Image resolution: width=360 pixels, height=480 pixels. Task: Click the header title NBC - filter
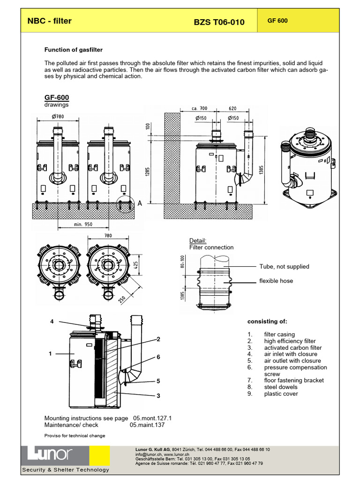(49, 21)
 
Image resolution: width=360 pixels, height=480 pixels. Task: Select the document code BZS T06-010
(219, 22)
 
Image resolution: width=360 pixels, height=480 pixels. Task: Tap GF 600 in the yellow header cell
(277, 21)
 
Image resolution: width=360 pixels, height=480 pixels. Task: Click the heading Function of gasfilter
(73, 50)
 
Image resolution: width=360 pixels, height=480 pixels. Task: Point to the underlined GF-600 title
(56, 97)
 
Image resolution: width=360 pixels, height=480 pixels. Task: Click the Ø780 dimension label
(58, 116)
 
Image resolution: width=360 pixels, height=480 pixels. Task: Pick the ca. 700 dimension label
(199, 108)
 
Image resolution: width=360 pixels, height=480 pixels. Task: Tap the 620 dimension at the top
(233, 108)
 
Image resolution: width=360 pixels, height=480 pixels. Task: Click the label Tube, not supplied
(284, 267)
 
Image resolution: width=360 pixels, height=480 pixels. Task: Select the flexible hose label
(276, 281)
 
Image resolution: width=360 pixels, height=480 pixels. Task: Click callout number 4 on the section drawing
(52, 322)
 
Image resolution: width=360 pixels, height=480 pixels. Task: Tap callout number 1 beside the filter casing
(50, 354)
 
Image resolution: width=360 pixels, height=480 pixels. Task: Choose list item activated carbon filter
(292, 348)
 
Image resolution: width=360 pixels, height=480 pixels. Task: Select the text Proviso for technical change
(75, 435)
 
